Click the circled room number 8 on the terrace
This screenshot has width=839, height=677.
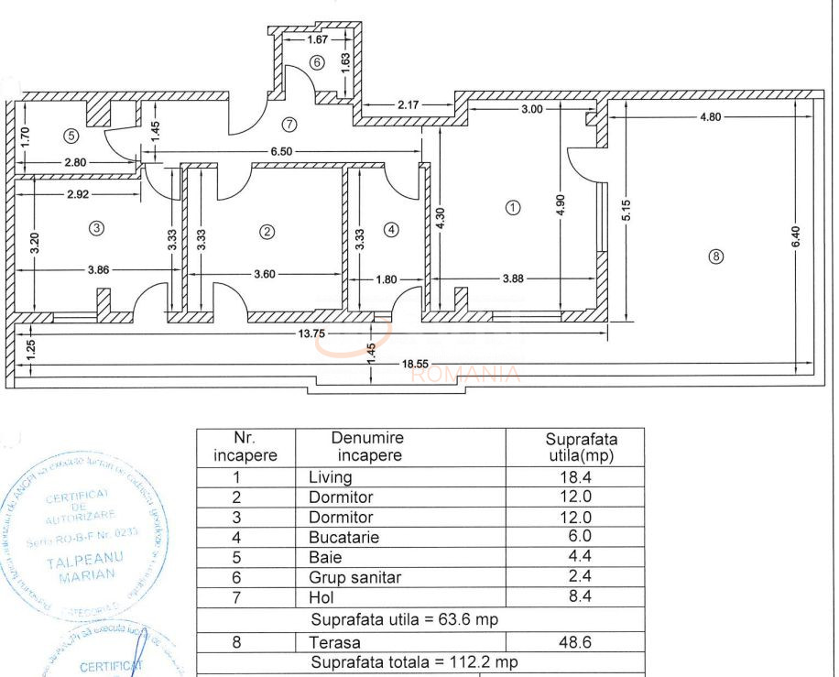[716, 257]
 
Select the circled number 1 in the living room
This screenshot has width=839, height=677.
[513, 207]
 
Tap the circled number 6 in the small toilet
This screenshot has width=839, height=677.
[317, 63]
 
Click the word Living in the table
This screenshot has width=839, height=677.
[330, 477]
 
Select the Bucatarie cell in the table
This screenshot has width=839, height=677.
[343, 538]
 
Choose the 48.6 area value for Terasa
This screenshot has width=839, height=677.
[575, 643]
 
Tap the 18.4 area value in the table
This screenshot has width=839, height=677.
[575, 477]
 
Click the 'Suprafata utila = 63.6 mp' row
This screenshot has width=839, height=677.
[405, 619]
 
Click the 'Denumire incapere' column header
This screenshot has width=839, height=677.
[367, 446]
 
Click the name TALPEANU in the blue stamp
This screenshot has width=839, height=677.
[86, 559]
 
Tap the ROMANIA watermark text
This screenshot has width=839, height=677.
[466, 374]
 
